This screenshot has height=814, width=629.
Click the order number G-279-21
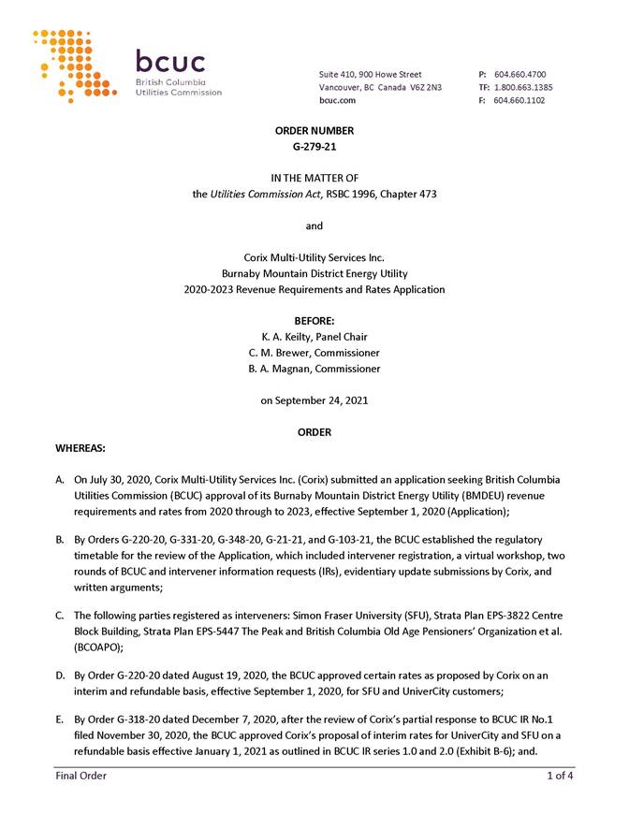pos(314,147)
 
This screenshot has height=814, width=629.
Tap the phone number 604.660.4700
pos(520,74)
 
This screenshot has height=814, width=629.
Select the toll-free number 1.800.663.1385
pos(522,87)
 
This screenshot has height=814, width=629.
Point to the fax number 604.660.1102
pos(519,100)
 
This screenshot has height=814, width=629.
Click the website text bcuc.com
pos(337,100)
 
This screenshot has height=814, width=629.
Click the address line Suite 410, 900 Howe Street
pos(371,74)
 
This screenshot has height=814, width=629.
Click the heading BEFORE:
pos(314,320)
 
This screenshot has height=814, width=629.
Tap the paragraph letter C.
pos(60,615)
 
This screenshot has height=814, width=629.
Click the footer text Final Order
pos(80,776)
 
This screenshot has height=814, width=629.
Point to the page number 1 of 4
pos(561,776)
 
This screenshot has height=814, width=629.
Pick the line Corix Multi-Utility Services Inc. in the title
pos(314,257)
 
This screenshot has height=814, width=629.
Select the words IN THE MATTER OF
pos(314,178)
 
